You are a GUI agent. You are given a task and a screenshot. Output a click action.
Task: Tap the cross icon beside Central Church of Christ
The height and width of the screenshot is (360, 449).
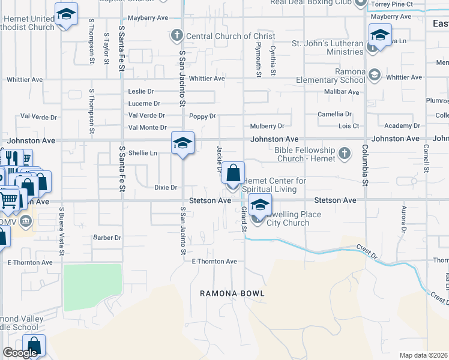pos(177,35)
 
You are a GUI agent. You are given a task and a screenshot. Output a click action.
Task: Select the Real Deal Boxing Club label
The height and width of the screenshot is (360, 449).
pos(310,3)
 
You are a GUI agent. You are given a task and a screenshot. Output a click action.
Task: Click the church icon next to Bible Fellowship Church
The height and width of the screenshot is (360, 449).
pos(345,154)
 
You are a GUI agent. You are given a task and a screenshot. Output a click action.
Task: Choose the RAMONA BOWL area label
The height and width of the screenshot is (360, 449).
pos(232,293)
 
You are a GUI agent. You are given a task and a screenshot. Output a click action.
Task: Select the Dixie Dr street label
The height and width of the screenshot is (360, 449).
pos(165,188)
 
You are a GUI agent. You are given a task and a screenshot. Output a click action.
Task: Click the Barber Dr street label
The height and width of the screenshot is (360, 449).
pos(107,238)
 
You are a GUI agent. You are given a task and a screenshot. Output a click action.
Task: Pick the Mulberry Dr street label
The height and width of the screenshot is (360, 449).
pos(267,126)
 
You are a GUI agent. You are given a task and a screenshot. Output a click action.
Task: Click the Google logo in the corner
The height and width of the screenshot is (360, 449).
pos(20,353)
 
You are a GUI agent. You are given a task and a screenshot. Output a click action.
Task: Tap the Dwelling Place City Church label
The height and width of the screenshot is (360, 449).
pos(294,218)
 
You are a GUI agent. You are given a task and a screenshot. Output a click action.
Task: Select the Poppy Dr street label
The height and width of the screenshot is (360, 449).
pos(202,116)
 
